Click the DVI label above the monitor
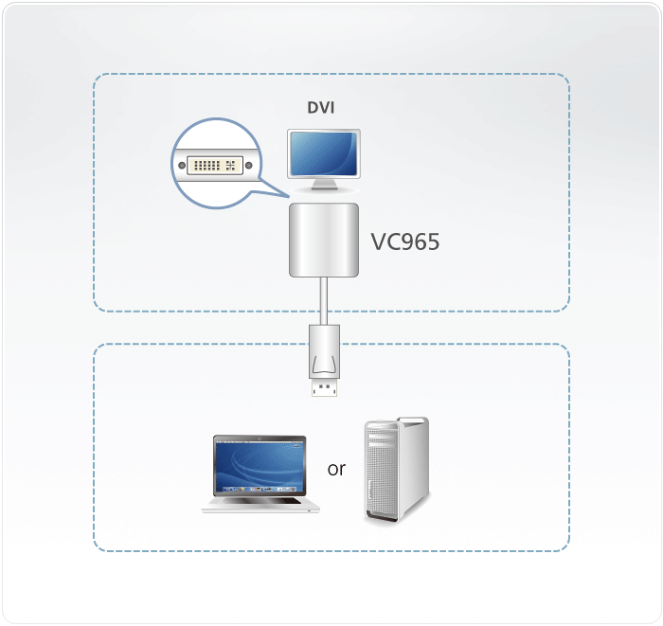point(320,108)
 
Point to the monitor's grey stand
point(323,187)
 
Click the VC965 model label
point(405,242)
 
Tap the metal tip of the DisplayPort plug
point(322,387)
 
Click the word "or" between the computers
point(336,469)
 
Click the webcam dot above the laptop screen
point(260,438)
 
